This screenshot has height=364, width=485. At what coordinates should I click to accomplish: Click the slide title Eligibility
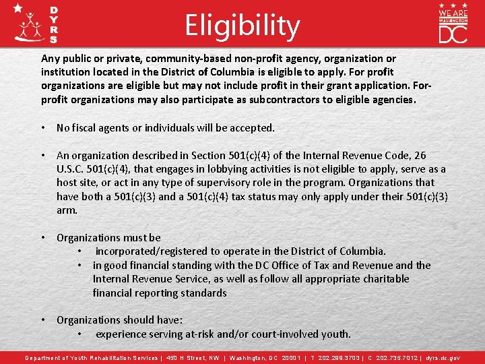point(243,26)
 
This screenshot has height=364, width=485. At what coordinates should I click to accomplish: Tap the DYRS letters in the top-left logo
point(54,26)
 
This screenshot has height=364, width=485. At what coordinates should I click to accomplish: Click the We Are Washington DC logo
point(453,23)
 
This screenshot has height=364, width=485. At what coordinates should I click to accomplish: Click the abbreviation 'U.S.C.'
point(75,169)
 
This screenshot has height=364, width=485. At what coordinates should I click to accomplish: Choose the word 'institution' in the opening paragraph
point(67,71)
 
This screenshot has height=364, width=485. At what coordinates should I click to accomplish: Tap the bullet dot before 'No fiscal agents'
point(43,127)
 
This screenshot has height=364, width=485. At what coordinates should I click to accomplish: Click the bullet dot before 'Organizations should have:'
point(43,320)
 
